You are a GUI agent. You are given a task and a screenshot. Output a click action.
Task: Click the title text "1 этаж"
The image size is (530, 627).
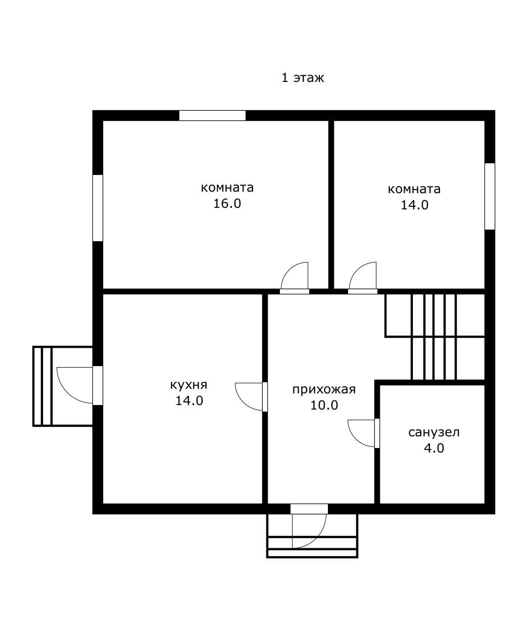tap(303, 78)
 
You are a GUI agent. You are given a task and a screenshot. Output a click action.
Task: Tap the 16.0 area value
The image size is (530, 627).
tap(227, 204)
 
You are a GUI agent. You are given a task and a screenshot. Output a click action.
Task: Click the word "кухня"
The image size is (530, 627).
tap(188, 385)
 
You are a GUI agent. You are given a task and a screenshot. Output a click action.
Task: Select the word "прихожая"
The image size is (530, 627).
tap(324, 390)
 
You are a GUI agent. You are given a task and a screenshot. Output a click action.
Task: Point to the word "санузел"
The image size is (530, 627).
tap(433, 432)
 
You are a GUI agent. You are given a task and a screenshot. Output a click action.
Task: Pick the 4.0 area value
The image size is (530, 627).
tap(433, 449)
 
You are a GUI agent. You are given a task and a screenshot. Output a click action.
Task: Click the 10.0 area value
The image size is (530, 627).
tap(324, 406)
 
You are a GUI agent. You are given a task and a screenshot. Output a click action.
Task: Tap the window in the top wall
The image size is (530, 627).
tap(212, 116)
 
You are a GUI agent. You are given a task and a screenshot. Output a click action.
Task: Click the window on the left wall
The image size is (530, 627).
tap(98, 208)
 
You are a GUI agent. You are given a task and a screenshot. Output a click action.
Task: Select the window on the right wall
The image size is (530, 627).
tap(490, 196)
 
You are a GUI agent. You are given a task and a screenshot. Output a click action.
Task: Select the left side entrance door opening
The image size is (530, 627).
tap(98, 385)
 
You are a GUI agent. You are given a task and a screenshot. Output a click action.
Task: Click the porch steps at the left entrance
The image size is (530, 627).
tap(42, 386)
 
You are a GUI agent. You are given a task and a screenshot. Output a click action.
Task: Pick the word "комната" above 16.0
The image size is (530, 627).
tap(227, 188)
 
